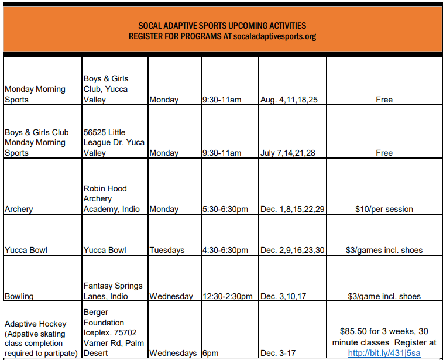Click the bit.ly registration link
(x=384, y=353)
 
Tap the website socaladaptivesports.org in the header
(x=274, y=36)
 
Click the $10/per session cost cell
(x=384, y=209)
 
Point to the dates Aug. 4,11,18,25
(x=289, y=100)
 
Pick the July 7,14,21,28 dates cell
(x=288, y=153)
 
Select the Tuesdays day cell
(x=167, y=250)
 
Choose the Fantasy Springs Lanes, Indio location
(x=113, y=291)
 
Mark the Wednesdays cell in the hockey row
(x=173, y=353)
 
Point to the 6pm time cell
(x=211, y=353)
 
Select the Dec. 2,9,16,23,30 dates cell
(x=292, y=250)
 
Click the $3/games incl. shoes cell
(x=384, y=250)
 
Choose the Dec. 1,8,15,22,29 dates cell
(x=292, y=209)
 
